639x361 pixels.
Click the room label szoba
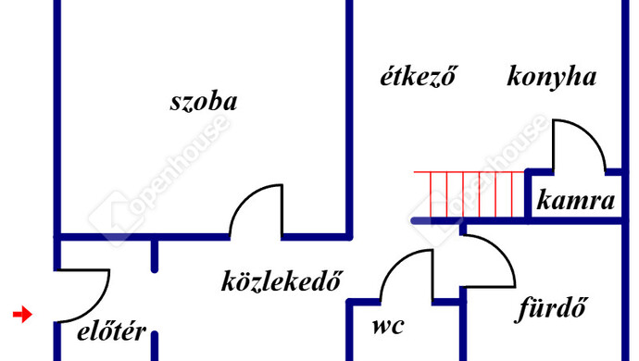204,102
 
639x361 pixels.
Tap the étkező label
419,75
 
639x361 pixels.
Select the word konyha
552,76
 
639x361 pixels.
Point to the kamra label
575,200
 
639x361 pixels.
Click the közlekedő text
281,280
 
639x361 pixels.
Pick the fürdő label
551,308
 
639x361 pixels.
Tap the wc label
388,326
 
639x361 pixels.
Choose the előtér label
112,331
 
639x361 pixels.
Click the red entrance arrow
22,314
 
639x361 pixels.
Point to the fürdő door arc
500,252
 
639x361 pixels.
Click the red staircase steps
469,194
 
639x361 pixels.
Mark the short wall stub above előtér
155,255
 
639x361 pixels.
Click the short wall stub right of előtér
155,346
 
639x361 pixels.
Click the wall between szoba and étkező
349,118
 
